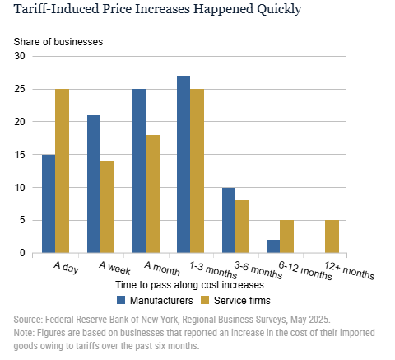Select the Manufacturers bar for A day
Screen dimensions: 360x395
[49, 203]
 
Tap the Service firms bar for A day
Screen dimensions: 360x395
[63, 171]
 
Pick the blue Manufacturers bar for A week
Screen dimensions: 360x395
[94, 184]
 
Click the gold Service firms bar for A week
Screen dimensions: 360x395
[108, 207]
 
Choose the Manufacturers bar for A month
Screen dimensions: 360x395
[138, 171]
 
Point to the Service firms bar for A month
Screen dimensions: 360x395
[152, 194]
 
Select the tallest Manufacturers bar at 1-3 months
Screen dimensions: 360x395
[184, 165]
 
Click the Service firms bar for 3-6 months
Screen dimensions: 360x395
[242, 227]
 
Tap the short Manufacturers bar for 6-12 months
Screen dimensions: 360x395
[273, 246]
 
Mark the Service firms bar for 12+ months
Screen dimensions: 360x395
[332, 236]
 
